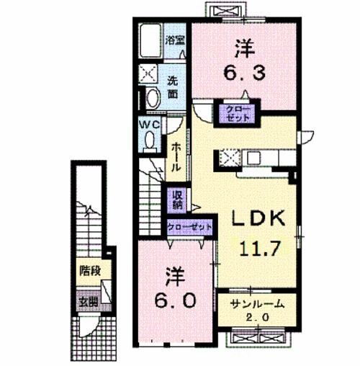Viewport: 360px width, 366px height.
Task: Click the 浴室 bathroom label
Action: coord(174,40)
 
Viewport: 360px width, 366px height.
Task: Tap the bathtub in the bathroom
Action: coord(150,43)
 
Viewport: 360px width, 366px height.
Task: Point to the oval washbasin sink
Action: coord(152,98)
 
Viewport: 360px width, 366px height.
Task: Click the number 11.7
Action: coord(258,250)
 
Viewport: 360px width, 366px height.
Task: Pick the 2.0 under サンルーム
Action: coord(258,318)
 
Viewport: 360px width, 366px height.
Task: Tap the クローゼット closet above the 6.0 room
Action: coord(190,226)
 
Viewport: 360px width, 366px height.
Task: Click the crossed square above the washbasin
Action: coord(151,73)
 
